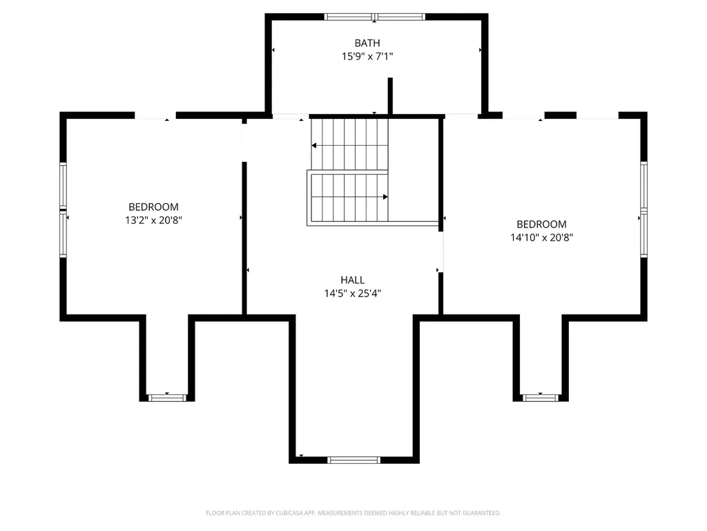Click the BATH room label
click(x=367, y=43)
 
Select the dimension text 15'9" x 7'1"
click(x=367, y=57)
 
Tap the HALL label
click(x=353, y=280)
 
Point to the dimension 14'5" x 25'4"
click(x=353, y=293)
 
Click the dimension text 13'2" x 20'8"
click(x=153, y=221)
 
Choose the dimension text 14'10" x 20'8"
click(x=541, y=238)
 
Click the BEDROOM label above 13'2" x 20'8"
click(x=153, y=207)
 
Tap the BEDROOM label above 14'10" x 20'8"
click(x=541, y=224)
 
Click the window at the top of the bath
click(x=375, y=17)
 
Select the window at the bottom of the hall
click(x=354, y=460)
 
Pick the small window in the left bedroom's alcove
click(x=167, y=398)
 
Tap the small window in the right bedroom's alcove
click(x=540, y=398)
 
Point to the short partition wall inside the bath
click(x=390, y=96)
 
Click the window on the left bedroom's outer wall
click(x=63, y=210)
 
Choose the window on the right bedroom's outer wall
click(x=644, y=210)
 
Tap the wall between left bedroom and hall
click(x=244, y=238)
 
